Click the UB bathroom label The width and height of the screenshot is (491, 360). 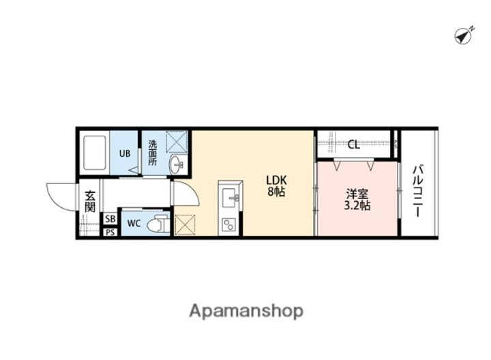click(124, 153)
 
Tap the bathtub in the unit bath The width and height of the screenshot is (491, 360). click(94, 153)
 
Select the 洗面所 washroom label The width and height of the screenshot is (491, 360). click(153, 153)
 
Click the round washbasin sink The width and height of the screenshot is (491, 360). click(177, 164)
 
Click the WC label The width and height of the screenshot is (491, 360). click(134, 224)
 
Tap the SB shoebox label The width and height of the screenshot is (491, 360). click(110, 219)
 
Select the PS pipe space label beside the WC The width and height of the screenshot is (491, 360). click(110, 232)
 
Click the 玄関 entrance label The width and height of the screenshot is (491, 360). click(90, 202)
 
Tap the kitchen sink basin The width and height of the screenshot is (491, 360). click(230, 196)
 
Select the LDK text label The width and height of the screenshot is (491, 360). click(276, 180)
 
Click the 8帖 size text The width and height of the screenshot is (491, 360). click(276, 192)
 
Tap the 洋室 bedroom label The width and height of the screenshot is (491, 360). click(357, 194)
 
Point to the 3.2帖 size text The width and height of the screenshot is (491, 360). click(357, 205)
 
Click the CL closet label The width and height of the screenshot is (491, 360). click(354, 145)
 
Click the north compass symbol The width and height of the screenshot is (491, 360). click(464, 35)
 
